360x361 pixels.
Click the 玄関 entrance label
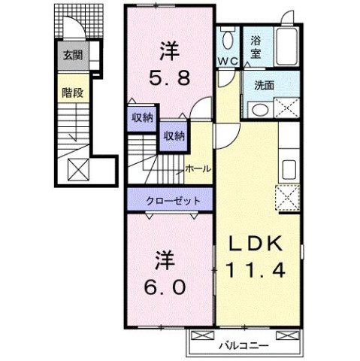[x=73, y=55]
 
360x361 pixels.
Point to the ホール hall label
[x=197, y=168]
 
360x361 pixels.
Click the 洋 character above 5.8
[x=168, y=51]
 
